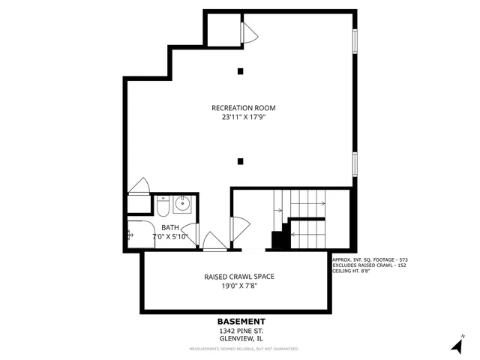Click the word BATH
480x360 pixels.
coord(170,227)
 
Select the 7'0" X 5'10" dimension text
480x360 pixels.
coord(170,236)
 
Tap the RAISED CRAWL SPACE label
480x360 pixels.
coord(239,276)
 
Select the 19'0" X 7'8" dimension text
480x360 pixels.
coord(239,286)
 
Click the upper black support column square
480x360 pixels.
coord(240,72)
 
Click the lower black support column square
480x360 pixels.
coord(240,160)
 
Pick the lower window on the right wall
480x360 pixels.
coord(355,163)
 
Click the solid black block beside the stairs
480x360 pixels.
coord(280,241)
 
